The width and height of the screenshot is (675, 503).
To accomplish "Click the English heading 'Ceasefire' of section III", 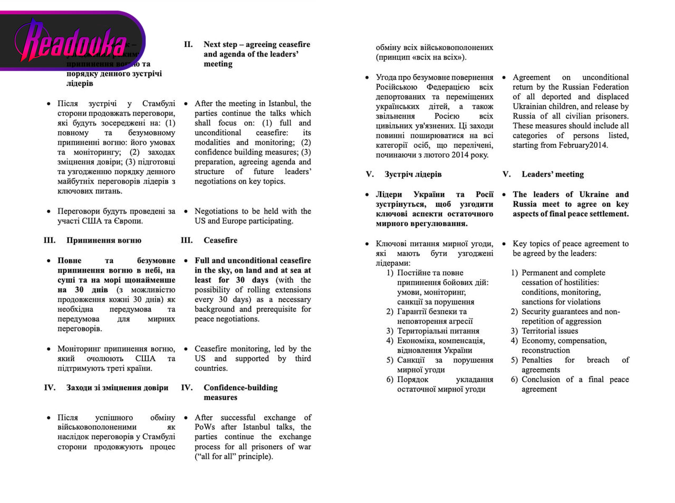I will coord(220,240).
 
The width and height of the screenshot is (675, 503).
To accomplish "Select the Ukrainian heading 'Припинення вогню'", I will coord(104,240).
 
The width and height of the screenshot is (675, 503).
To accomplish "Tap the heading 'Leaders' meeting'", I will coord(553,175).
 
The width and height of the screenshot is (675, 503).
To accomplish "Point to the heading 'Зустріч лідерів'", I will coord(413,175).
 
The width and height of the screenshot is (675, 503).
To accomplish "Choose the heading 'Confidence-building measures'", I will coord(240,392).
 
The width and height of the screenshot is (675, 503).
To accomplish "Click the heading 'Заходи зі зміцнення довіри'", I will coord(117,388).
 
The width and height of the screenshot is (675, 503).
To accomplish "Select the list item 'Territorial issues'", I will coord(549,331).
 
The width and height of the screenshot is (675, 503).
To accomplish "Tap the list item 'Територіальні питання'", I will coord(438,331).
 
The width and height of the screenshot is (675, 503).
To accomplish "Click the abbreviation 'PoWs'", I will coord(205,427).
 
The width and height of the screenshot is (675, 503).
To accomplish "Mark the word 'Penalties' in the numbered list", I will coord(537,360).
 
